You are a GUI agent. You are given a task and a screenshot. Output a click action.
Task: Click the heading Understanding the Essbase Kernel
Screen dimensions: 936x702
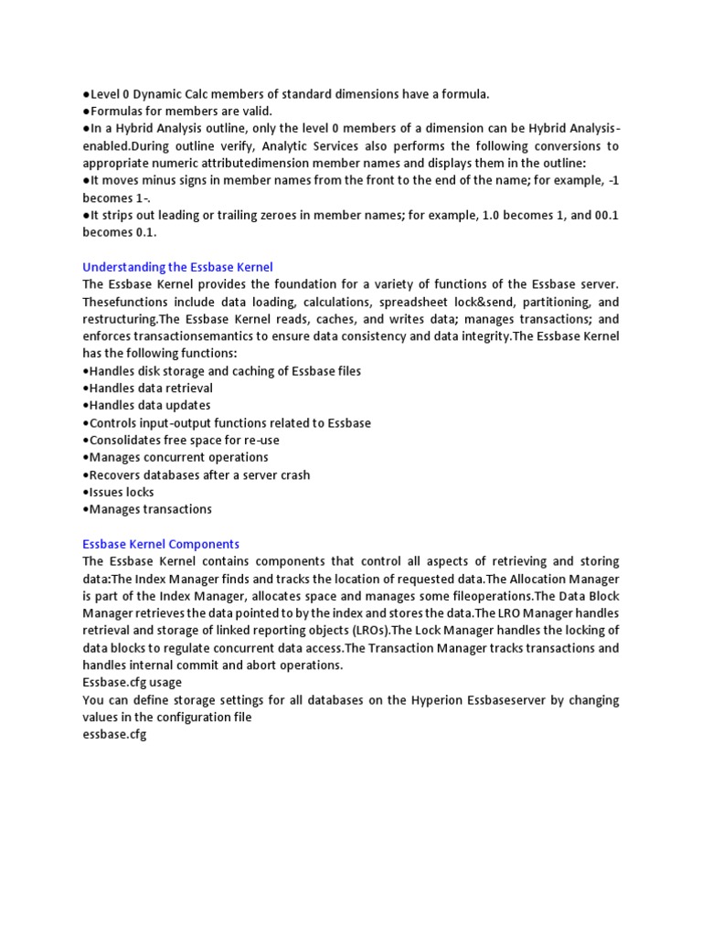pos(177,267)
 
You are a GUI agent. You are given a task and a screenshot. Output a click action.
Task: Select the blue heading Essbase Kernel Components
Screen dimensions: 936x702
pos(161,544)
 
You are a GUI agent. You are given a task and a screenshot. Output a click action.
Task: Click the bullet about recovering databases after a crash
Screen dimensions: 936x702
pos(196,474)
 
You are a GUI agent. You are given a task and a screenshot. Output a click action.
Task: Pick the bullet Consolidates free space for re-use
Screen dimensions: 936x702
pos(181,440)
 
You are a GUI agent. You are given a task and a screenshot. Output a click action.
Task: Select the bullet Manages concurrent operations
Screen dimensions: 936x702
pos(175,457)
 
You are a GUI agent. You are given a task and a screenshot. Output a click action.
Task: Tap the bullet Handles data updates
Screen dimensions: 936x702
pos(146,405)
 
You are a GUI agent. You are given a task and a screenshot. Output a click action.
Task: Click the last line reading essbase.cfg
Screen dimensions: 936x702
pos(114,735)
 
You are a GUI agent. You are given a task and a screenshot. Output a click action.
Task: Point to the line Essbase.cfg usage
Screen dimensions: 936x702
pos(132,682)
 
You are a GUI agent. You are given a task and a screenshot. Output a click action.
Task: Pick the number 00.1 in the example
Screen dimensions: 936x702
pos(582,215)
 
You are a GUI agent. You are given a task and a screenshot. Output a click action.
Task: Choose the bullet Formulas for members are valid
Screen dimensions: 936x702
pos(177,111)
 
